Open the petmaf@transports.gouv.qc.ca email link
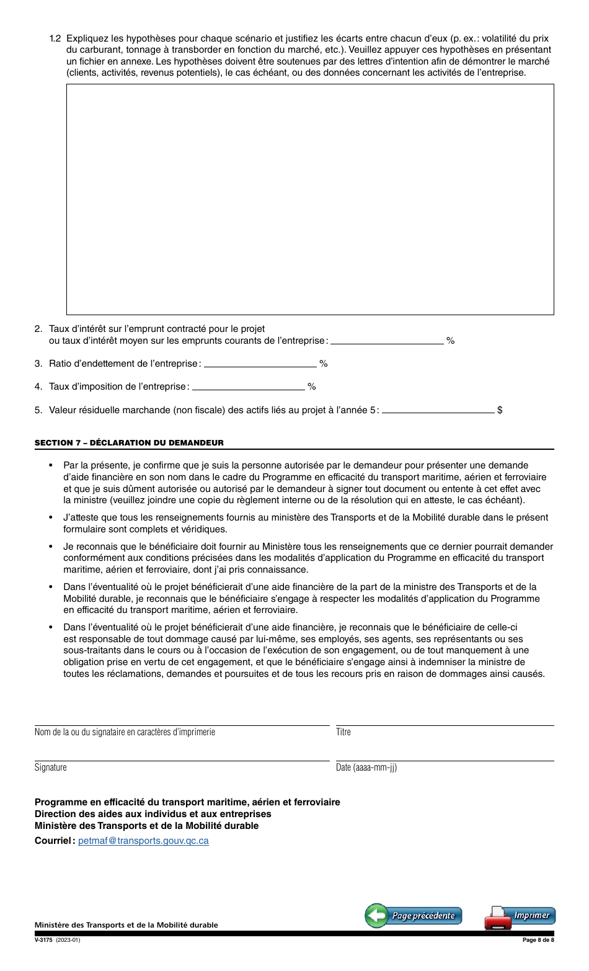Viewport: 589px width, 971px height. click(143, 841)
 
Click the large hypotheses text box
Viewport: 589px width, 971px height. click(310, 199)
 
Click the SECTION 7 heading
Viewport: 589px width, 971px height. click(129, 442)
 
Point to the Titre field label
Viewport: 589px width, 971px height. click(343, 732)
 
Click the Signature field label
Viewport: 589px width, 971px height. click(51, 767)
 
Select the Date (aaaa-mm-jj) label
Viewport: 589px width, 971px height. click(366, 767)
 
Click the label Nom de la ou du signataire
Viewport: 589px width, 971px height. click(125, 732)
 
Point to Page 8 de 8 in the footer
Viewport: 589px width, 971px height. click(538, 939)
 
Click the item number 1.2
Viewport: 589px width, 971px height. click(55, 38)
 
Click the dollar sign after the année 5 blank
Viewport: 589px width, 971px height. click(500, 410)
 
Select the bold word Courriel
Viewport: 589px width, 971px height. click(54, 841)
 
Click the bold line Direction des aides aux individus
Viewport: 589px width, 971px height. click(153, 813)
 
